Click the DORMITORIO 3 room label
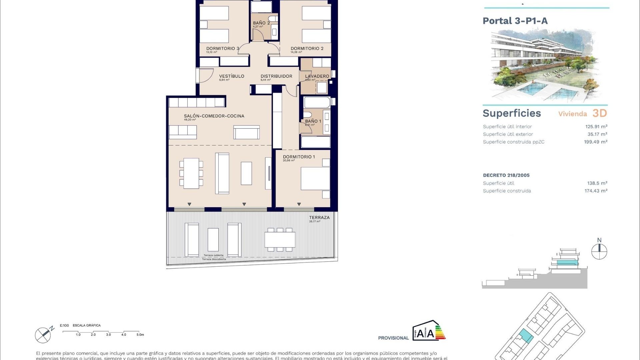(x=222, y=48)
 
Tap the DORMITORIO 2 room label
(x=307, y=48)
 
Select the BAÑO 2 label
(x=261, y=23)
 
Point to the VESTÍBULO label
(x=231, y=76)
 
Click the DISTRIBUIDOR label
(x=276, y=76)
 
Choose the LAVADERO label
(x=317, y=76)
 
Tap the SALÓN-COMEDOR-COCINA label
(x=214, y=116)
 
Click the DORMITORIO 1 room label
(x=299, y=157)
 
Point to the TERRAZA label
(x=319, y=217)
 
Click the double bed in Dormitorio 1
(x=315, y=179)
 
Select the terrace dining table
(x=280, y=240)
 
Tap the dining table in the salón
(x=191, y=173)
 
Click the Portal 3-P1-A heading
(x=515, y=21)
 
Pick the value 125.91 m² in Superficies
(x=596, y=127)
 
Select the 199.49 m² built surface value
(x=595, y=142)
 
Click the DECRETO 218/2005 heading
(x=506, y=175)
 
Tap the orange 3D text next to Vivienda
(x=599, y=113)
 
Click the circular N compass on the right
(x=599, y=251)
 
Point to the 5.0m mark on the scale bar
(x=140, y=335)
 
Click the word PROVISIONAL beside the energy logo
(x=393, y=338)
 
